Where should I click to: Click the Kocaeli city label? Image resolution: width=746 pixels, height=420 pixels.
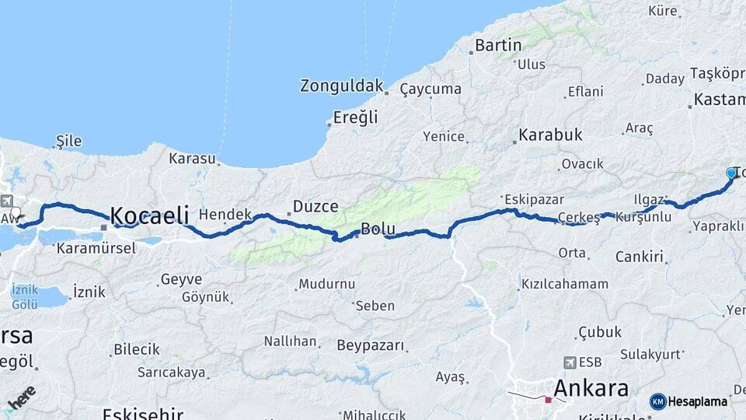point(149,215)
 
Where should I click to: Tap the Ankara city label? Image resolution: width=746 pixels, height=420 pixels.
point(591,388)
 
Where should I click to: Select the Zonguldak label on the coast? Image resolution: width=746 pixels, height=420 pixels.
point(343,86)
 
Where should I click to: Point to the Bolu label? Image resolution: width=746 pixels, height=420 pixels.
point(378,229)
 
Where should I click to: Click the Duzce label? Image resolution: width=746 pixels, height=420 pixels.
point(315,207)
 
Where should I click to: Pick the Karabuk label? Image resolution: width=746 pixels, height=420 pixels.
point(551,135)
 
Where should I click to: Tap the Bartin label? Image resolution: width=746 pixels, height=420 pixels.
point(498,45)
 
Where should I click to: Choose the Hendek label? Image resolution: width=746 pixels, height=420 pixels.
point(225,214)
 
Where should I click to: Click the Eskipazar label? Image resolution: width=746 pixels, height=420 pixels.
point(530,198)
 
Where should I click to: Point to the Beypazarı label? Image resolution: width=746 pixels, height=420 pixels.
point(371,345)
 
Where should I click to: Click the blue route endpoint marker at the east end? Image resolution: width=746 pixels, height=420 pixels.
point(730,173)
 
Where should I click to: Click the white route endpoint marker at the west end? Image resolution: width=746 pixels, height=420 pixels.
point(16,212)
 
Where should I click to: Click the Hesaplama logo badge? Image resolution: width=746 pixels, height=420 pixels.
point(688,401)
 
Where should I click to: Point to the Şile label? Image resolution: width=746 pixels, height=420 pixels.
point(68,142)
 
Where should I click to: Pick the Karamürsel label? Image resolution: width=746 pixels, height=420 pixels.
point(96,248)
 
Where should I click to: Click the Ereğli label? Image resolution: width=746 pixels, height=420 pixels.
point(355,117)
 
